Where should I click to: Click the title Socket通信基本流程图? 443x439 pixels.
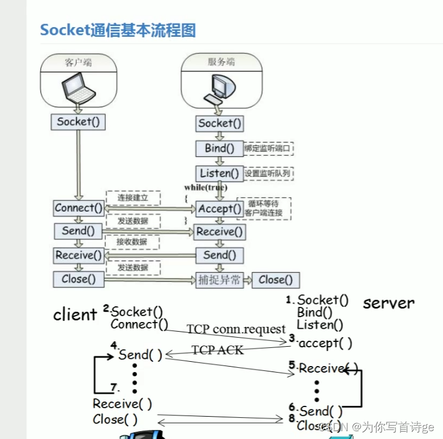coord(118,30)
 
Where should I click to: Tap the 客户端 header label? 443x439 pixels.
coord(78,62)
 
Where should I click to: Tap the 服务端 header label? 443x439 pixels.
coord(221,62)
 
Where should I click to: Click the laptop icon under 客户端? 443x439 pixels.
coord(78,89)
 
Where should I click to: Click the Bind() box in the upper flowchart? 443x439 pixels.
coord(219,148)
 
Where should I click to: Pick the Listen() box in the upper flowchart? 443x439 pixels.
coord(219,173)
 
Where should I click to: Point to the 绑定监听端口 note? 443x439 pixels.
coord(268,148)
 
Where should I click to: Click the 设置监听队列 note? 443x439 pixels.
coord(268,173)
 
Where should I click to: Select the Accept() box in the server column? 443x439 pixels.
coord(219,209)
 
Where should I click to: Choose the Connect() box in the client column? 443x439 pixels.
coord(78,208)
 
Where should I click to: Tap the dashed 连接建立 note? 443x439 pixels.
coord(132,197)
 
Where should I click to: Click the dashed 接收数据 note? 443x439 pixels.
coord(132,242)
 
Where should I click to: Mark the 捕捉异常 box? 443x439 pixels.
coord(219,280)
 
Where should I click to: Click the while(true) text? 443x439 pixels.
coord(206,188)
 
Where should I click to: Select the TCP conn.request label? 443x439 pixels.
coord(235,329)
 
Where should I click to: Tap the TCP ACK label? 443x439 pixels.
coord(217,350)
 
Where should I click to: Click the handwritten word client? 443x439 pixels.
coord(75,314)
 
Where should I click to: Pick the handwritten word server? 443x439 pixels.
coord(389,303)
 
